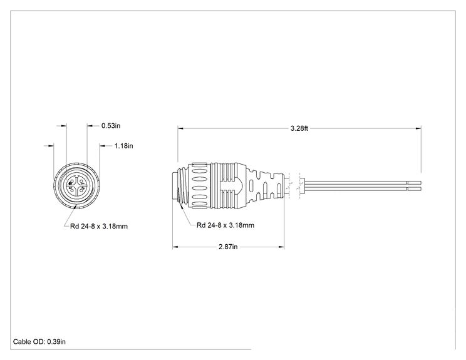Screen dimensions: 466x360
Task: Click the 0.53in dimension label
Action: pos(111,126)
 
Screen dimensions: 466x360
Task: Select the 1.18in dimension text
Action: pos(123,146)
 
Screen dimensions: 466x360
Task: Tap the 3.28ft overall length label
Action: pos(299,128)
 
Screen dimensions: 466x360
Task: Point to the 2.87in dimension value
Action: pos(228,247)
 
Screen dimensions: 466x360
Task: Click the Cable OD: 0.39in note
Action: pos(39,342)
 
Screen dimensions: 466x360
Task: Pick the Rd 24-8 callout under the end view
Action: pos(99,227)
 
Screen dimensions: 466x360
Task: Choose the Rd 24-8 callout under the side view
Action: pos(225,225)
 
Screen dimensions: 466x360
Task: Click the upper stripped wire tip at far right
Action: pos(415,182)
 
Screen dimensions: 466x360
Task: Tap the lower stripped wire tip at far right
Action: pos(415,189)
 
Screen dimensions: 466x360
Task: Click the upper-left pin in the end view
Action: pos(71,182)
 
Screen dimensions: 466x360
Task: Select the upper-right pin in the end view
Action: pos(81,181)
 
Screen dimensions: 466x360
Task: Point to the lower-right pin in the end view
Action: pos(81,190)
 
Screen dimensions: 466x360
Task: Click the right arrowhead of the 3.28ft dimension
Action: pos(418,128)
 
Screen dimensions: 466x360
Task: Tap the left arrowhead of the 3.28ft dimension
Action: pos(180,128)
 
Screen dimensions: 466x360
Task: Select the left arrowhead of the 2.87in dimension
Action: pos(175,247)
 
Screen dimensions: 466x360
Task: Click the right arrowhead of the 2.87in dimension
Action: pos(281,247)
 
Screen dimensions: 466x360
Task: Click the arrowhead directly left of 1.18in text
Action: pos(103,146)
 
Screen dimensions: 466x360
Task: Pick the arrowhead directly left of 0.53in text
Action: pos(90,126)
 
